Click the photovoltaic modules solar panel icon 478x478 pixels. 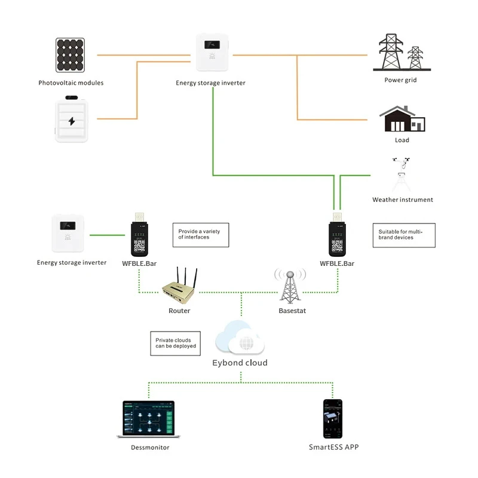[x=71, y=56]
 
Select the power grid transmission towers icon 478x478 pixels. [x=402, y=53]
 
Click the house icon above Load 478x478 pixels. [x=402, y=119]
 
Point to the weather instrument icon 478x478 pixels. [x=402, y=174]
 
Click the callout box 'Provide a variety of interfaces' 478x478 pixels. [x=200, y=235]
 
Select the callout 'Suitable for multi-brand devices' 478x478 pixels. [x=404, y=235]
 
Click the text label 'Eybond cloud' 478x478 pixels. [x=240, y=363]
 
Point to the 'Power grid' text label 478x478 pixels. [x=400, y=80]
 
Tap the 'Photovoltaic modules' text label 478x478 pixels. [x=71, y=83]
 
